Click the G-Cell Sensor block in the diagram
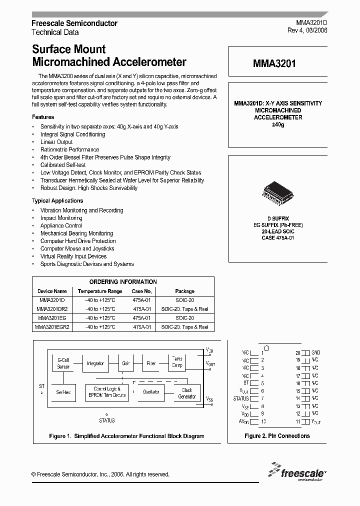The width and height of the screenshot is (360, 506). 63,363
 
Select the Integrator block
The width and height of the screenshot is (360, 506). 95,363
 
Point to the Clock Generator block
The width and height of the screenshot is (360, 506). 187,393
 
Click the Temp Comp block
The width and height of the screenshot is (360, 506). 177,362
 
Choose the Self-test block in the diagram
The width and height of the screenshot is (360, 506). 63,392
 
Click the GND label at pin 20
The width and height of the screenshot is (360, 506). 315,352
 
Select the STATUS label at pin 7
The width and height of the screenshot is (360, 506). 241,398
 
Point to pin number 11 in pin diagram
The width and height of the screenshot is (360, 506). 298,421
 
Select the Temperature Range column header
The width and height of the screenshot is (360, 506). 99,291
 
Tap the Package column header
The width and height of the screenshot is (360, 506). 184,291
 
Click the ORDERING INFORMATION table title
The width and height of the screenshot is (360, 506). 123,281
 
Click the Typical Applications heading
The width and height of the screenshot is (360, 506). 57,200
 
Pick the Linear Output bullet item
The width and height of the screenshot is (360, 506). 56,142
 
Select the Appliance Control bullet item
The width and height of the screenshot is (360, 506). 61,225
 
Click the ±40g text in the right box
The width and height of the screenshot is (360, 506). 277,124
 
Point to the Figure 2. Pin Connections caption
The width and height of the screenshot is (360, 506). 277,436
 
